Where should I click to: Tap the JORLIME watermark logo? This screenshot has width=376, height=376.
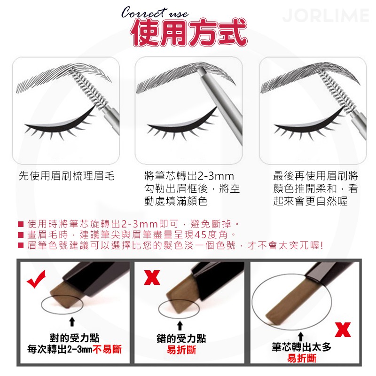click(x=325, y=16)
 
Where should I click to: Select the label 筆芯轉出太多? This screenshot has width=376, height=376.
click(x=301, y=348)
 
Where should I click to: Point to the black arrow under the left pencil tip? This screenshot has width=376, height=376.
click(x=72, y=321)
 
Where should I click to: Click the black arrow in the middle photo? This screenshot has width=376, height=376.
click(x=180, y=325)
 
